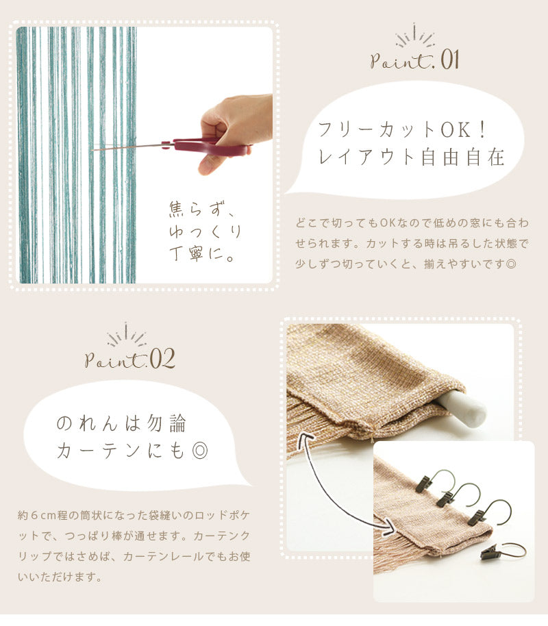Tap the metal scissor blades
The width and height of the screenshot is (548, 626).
pos(128,147)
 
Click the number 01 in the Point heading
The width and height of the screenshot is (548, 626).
pos(449,60)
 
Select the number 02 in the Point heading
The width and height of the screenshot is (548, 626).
pos(162,358)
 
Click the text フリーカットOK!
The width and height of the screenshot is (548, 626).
pos(402,129)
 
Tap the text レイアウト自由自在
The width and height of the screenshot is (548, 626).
pos(412,156)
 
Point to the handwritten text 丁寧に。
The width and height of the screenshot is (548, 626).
pos(201,253)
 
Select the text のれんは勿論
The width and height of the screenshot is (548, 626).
pos(121,423)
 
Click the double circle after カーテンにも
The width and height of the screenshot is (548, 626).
pos(200,451)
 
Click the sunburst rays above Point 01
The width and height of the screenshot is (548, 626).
pos(414,35)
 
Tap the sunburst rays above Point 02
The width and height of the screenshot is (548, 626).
pos(126,334)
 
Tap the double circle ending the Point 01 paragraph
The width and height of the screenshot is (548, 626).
pos(511,264)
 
